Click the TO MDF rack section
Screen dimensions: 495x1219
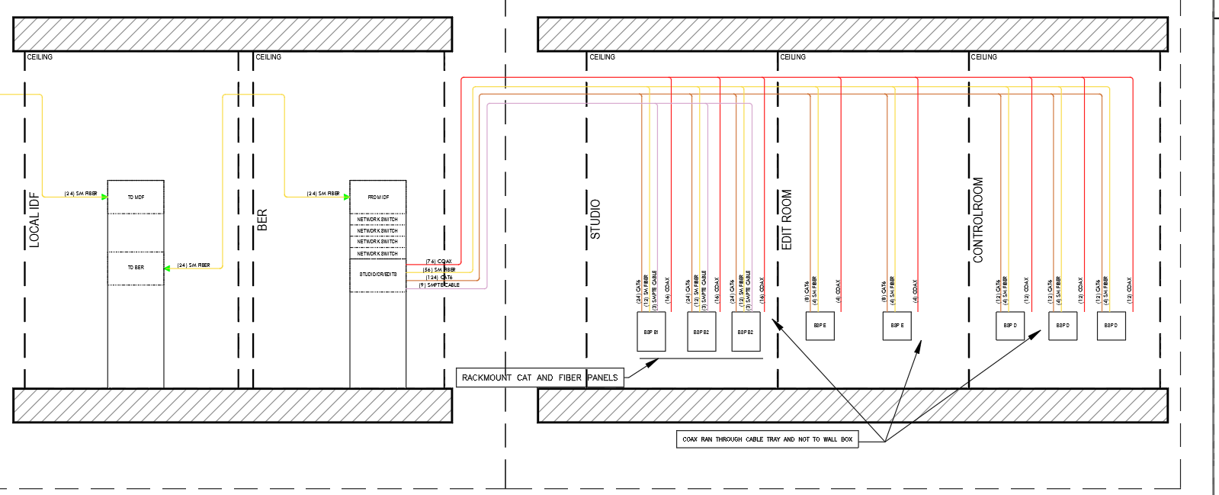point(136,198)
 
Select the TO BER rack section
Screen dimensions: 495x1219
point(136,268)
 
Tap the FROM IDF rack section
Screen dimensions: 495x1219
point(378,198)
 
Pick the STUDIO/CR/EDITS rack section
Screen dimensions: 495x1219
point(378,275)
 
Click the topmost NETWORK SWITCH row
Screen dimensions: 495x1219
point(378,220)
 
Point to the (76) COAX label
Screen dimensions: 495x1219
point(438,262)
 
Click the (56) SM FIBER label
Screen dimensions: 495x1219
point(439,269)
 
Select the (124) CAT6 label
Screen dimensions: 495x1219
point(439,278)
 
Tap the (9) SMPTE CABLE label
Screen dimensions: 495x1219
point(439,285)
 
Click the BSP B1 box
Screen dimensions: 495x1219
point(651,332)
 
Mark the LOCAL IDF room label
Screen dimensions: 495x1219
point(34,220)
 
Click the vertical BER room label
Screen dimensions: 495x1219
point(262,220)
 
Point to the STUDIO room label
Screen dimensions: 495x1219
point(595,220)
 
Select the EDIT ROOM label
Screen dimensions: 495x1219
point(787,220)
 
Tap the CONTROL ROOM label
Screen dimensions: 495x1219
point(978,220)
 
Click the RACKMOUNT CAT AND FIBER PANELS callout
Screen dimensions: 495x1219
point(540,378)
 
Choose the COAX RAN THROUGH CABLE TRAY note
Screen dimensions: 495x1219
point(767,439)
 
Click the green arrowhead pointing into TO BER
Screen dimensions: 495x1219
point(168,268)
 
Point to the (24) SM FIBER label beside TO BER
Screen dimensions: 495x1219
point(194,265)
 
